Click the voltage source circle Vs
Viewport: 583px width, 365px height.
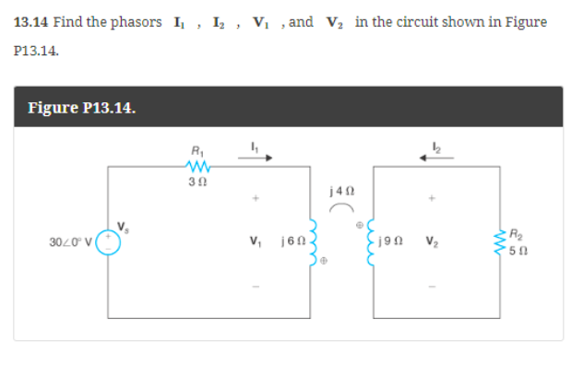pos(110,243)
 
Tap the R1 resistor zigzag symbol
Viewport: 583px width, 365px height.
pos(197,166)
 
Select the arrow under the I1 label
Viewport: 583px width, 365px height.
pos(256,158)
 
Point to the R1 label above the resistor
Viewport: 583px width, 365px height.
pos(196,150)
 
